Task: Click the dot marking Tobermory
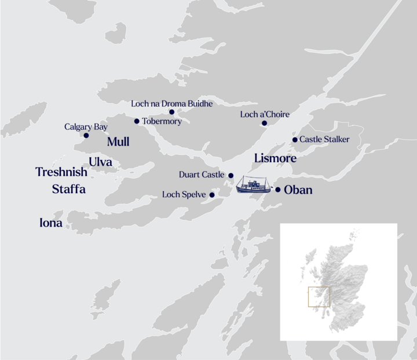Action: (137, 121)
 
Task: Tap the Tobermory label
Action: (162, 122)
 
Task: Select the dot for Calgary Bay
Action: (86, 136)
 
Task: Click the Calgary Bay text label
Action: (86, 126)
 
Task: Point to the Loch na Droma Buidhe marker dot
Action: (171, 112)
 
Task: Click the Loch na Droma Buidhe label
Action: (171, 104)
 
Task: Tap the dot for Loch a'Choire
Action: (264, 123)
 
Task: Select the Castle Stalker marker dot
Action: (295, 140)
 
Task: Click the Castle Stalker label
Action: (325, 140)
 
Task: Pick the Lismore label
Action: (275, 158)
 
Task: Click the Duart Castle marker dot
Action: (231, 175)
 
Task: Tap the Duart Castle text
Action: (202, 174)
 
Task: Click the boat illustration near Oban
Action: (253, 185)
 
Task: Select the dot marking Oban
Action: (278, 190)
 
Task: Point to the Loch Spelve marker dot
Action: (212, 195)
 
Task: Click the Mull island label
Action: (118, 142)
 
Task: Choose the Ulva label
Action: (100, 162)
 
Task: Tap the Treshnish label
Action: (61, 172)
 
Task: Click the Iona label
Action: (50, 223)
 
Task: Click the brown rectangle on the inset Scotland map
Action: (319, 296)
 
